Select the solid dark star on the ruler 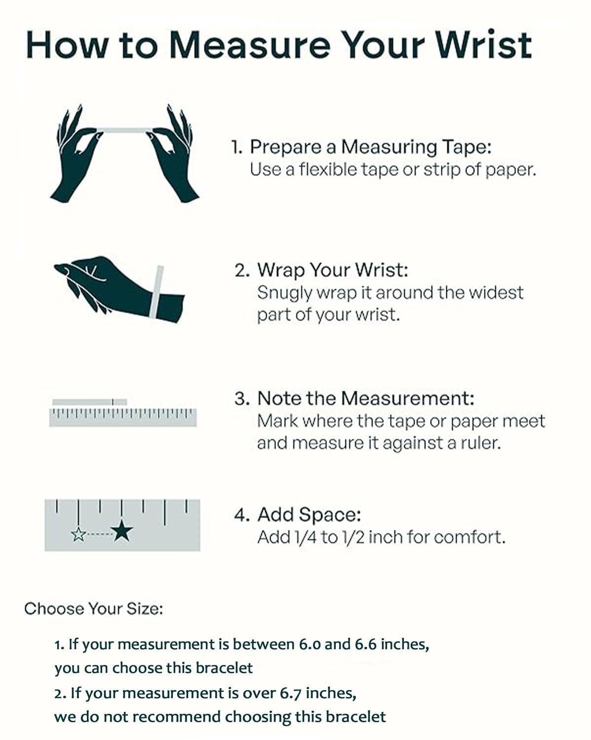[122, 530]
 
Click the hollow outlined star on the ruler [78, 534]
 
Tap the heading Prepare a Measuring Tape [371, 147]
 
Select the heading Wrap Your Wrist [333, 270]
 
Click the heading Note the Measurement [366, 398]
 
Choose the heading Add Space [309, 515]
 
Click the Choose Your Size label [93, 609]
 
